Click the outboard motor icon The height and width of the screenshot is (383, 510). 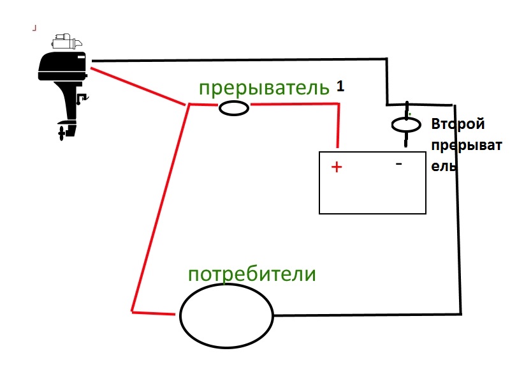coord(64,83)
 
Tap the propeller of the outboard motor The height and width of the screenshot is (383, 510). coord(61,133)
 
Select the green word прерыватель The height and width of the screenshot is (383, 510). coord(264,88)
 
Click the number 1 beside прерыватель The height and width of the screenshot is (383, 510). coord(340,86)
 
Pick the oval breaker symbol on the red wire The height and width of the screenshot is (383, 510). coord(234,109)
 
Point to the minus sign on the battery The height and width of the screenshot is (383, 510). coord(399,164)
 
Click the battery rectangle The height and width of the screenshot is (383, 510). coord(372,191)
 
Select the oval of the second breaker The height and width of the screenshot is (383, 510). coord(406,124)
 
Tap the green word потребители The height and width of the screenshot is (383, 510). coord(252,274)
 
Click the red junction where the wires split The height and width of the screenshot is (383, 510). coord(189,104)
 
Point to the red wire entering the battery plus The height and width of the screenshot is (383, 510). coord(338,128)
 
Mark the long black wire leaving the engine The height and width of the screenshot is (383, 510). coord(242,61)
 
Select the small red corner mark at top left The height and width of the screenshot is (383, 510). coord(34,27)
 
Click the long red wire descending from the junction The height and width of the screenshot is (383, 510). coord(159,211)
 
